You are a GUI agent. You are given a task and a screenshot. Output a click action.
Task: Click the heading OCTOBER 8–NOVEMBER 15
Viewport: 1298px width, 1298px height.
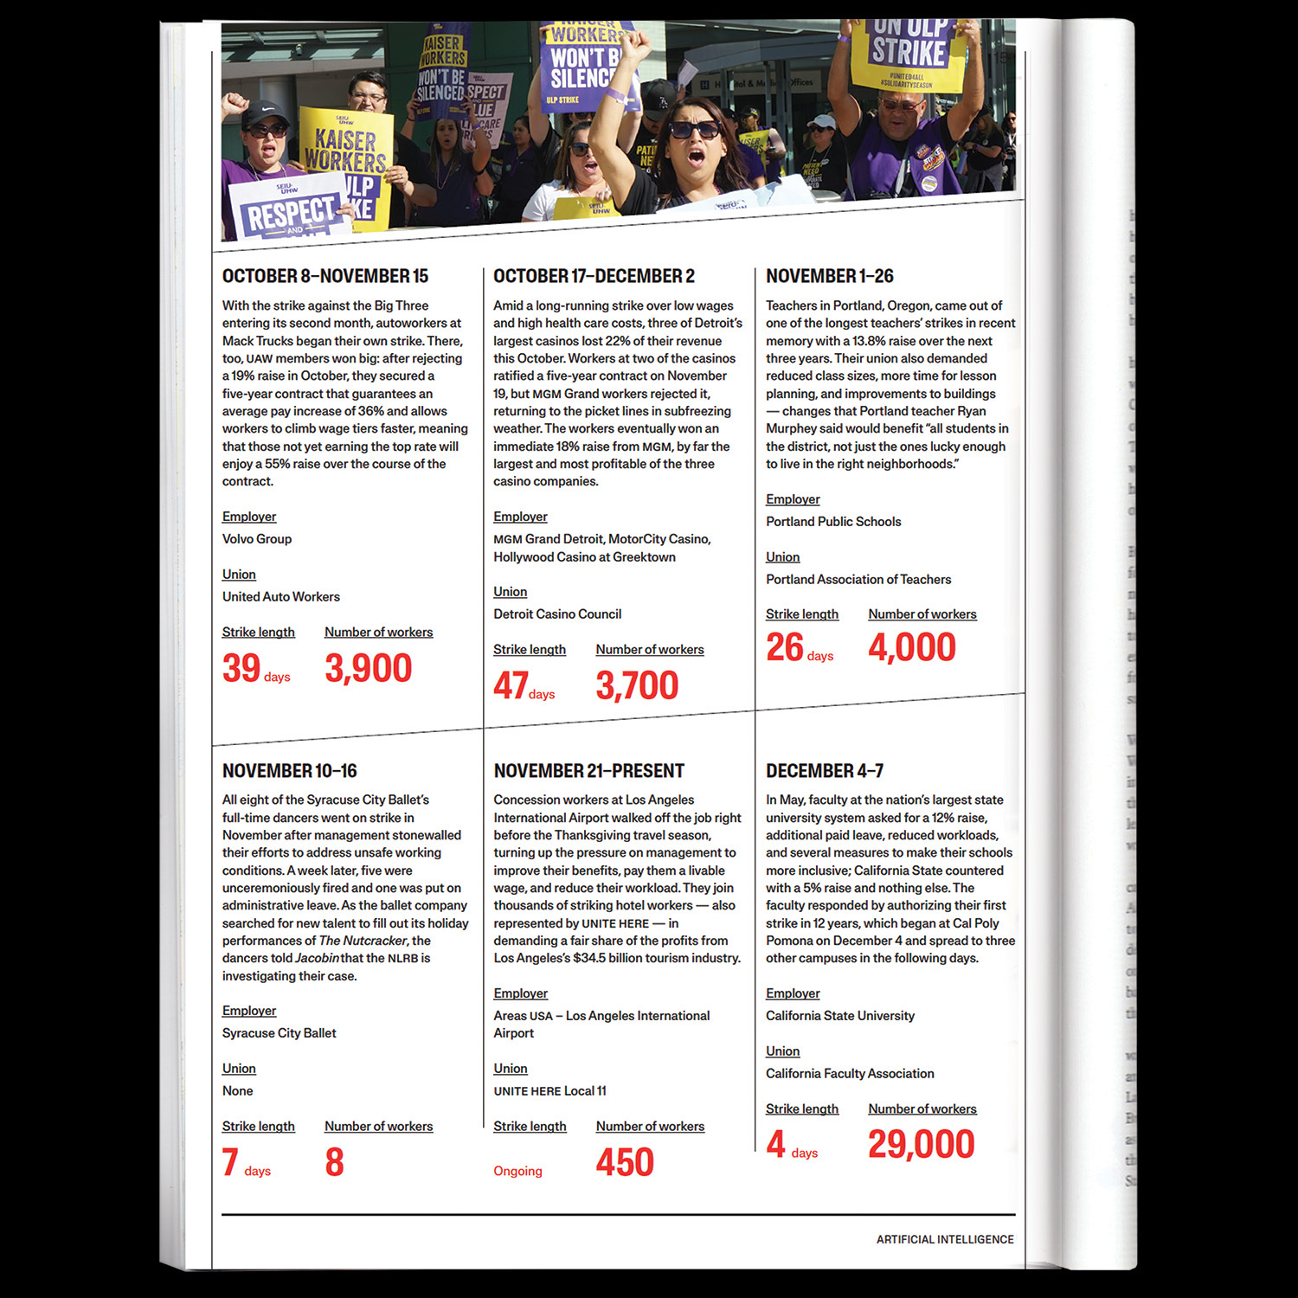coord(325,276)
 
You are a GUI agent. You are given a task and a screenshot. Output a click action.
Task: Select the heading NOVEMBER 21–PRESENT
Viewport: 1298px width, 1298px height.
coord(588,771)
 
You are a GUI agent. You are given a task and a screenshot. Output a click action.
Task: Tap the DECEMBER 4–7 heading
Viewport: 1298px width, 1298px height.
coord(824,771)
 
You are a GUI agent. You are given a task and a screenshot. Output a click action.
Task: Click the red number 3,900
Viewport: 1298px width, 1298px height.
coord(368,668)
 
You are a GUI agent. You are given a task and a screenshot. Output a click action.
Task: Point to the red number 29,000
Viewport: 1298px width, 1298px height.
coord(921,1145)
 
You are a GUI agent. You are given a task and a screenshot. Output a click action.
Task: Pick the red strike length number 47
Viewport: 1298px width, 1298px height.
coord(511,685)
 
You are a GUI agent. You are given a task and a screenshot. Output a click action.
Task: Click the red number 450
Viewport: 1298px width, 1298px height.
coord(625,1162)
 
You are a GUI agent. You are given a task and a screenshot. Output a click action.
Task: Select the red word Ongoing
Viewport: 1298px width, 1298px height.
coord(517,1171)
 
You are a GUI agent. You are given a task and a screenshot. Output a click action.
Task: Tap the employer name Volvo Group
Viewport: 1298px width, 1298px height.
coord(257,539)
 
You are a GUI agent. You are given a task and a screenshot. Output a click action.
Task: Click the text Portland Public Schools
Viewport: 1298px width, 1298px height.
coord(833,522)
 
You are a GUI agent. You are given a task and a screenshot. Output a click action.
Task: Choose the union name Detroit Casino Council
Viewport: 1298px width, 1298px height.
coord(557,614)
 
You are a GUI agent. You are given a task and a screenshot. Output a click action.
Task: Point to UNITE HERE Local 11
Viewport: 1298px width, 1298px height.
coord(549,1091)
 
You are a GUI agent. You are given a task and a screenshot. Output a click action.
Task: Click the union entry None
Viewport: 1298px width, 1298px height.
coord(237,1091)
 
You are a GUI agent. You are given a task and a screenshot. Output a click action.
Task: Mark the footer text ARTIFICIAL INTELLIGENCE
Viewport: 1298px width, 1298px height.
coord(945,1240)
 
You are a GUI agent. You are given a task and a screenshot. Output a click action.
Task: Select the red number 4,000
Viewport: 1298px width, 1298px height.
coord(912,647)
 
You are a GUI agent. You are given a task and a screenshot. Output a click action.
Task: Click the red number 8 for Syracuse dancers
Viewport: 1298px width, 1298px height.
coord(334,1162)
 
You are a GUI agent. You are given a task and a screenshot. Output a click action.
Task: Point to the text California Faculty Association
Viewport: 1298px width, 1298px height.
coord(850,1074)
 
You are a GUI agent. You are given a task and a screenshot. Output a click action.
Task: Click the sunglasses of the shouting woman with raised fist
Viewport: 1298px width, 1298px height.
coord(694,130)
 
